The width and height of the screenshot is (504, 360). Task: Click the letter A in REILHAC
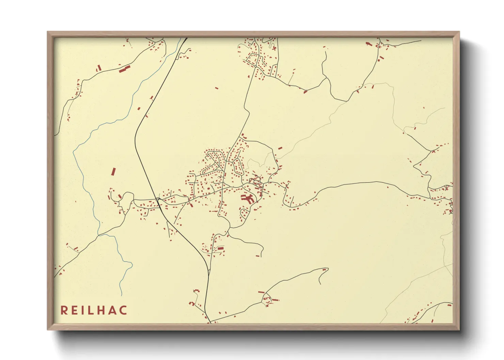point(113,310)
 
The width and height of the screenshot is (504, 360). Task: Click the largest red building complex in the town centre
point(248,199)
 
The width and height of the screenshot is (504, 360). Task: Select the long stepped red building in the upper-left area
point(124,69)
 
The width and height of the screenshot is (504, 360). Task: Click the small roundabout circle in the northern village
point(255,66)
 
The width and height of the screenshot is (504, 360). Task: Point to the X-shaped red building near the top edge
point(274,48)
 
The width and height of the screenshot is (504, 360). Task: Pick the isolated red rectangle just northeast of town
point(280,148)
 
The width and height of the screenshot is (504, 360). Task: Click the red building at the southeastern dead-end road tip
point(324,270)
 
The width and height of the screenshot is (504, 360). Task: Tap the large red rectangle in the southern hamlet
point(220,249)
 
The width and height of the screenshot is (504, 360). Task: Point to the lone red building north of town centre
point(217,88)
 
